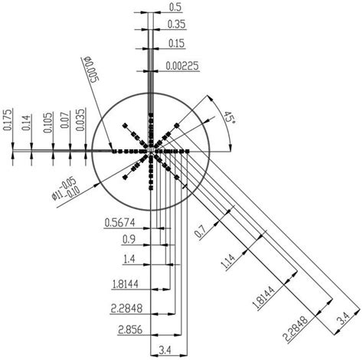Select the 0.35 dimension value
click(175, 25)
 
